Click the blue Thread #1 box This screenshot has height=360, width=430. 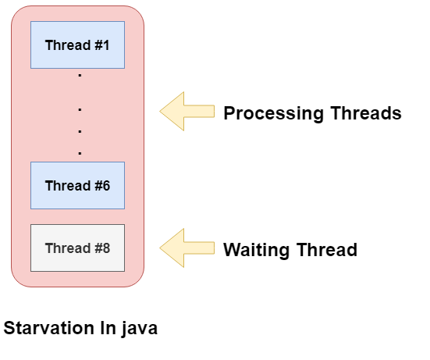point(77,45)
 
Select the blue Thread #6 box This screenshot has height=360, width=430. point(77,185)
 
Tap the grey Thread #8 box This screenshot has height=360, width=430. point(77,248)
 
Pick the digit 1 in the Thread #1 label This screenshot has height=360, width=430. point(105,45)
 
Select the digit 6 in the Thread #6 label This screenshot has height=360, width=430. point(105,186)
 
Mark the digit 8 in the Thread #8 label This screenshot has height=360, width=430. point(105,248)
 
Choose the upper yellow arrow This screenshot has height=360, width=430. point(187,111)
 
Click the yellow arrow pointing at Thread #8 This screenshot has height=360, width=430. point(187,248)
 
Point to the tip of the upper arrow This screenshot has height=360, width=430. point(162,111)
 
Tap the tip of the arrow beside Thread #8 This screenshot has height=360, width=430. point(162,248)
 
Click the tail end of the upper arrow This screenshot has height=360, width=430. point(212,111)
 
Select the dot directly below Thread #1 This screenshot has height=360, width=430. point(80,76)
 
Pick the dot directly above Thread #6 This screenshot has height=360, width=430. point(80,152)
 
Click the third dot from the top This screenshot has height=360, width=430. point(80,130)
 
